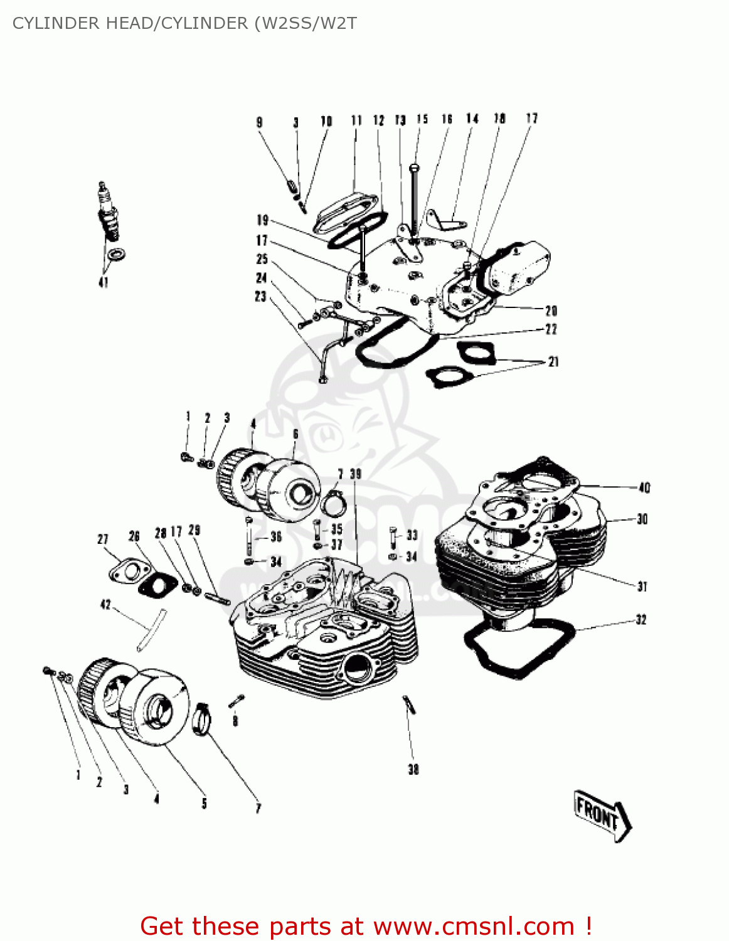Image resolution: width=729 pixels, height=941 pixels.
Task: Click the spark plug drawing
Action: click(x=108, y=211)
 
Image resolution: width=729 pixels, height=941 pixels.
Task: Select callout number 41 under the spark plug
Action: click(x=104, y=282)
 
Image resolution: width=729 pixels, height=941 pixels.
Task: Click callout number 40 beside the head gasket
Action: click(x=644, y=487)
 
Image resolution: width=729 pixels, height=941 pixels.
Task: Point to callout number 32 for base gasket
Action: click(x=641, y=620)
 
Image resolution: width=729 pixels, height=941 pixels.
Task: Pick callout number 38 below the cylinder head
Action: click(x=413, y=769)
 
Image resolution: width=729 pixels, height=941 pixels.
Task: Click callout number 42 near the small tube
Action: click(x=105, y=605)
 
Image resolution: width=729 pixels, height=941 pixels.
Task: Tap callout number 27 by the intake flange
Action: click(x=103, y=539)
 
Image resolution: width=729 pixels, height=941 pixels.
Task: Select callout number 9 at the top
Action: click(x=259, y=122)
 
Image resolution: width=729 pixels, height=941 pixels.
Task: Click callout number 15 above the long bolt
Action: click(x=422, y=119)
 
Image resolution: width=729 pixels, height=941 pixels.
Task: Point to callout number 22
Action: click(x=551, y=329)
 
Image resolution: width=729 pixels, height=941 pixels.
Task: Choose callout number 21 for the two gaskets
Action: click(x=553, y=361)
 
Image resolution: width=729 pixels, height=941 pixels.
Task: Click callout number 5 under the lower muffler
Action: click(x=204, y=803)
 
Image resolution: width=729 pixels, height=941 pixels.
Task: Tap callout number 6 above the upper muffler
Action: click(x=295, y=434)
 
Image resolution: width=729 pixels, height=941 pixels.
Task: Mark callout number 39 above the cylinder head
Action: click(x=356, y=474)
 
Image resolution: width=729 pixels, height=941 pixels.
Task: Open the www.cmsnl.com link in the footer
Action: click(x=474, y=926)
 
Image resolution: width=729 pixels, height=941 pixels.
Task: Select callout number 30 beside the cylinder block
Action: click(x=642, y=519)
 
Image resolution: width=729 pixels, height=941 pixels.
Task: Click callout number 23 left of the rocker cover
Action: click(x=261, y=296)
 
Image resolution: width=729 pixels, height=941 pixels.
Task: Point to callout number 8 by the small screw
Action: click(x=235, y=721)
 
